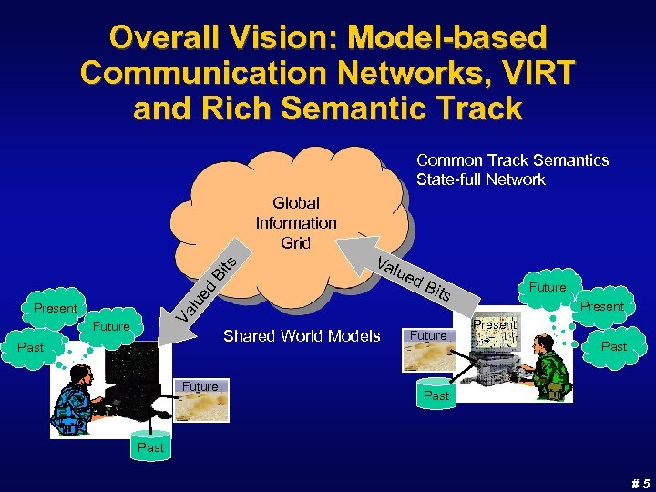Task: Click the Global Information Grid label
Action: click(296, 222)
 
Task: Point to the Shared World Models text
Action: click(302, 336)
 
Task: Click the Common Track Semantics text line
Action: click(512, 160)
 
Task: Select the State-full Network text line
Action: click(481, 179)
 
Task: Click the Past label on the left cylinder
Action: click(150, 447)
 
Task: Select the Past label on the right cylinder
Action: click(436, 395)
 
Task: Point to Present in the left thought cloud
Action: click(56, 309)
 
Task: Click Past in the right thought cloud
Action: click(614, 346)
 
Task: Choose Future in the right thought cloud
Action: click(548, 287)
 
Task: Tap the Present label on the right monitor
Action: click(495, 324)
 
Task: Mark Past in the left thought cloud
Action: click(31, 347)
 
